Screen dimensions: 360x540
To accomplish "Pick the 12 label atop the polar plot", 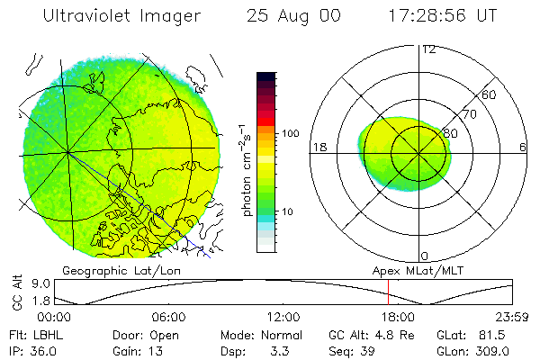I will tap(427, 49).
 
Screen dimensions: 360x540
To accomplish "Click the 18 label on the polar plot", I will tap(318, 147).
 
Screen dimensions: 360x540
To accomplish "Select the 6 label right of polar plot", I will tap(523, 147).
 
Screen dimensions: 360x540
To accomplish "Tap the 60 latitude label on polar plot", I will tap(490, 94).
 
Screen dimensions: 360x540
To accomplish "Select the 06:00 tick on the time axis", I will tap(169, 317).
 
